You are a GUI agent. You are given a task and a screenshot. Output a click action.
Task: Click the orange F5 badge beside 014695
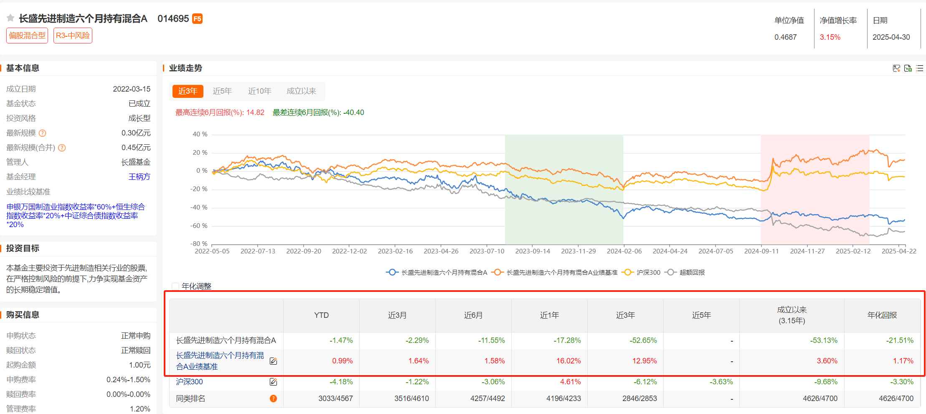(197, 19)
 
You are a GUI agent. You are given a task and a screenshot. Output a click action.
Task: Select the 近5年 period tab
(222, 91)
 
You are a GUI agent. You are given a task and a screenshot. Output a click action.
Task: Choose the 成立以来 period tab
(301, 91)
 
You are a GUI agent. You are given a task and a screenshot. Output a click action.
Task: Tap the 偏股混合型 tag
(27, 36)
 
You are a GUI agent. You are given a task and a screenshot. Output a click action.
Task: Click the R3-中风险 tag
(73, 36)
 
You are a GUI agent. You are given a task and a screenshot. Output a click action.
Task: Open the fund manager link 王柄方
(139, 177)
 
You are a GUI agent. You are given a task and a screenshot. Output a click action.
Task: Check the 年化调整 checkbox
(176, 286)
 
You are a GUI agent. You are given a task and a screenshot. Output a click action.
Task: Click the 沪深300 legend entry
(642, 273)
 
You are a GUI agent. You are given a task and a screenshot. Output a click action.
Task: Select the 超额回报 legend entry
(687, 273)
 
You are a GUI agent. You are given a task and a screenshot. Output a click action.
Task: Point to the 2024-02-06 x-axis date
(624, 251)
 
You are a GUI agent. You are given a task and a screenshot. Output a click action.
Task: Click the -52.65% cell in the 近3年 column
(643, 340)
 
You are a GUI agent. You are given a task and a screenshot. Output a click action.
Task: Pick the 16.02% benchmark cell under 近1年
(568, 361)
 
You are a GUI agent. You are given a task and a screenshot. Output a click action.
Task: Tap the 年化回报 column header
(882, 315)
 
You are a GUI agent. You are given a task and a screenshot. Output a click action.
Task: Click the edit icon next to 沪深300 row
(273, 382)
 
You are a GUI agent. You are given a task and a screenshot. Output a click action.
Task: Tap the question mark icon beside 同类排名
(273, 399)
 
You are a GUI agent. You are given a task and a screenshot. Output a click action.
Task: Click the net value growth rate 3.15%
(830, 37)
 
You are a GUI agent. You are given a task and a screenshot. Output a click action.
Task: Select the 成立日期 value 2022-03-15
(132, 89)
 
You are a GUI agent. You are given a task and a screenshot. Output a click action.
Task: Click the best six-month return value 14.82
(255, 112)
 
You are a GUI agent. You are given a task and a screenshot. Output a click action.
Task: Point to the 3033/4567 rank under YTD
(335, 399)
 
